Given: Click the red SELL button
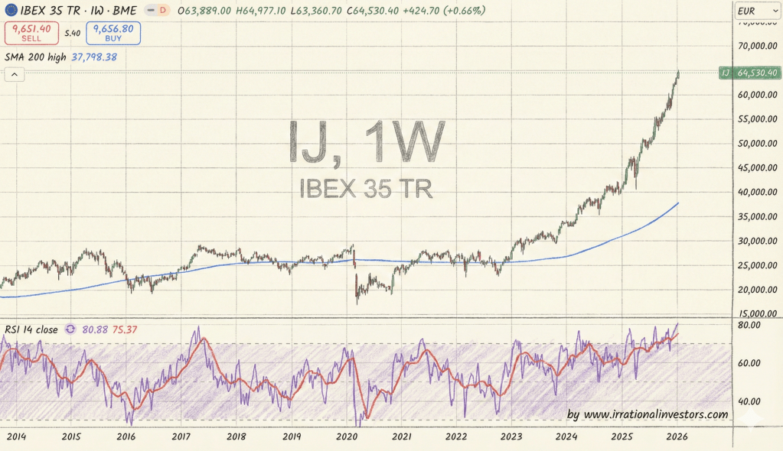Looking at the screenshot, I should pyautogui.click(x=31, y=32).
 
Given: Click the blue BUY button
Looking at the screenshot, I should pyautogui.click(x=113, y=32).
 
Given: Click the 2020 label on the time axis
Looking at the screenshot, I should pyautogui.click(x=347, y=436).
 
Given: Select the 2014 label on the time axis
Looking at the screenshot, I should pyautogui.click(x=15, y=436).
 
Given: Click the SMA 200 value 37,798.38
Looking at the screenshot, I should pyautogui.click(x=94, y=57).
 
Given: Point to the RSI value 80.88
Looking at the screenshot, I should pyautogui.click(x=95, y=329).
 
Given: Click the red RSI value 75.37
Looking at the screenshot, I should pyautogui.click(x=126, y=329).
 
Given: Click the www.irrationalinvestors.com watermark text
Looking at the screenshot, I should pyautogui.click(x=655, y=414).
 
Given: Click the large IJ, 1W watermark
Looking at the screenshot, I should pyautogui.click(x=365, y=143).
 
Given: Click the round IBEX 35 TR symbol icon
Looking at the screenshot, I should pyautogui.click(x=10, y=11).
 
